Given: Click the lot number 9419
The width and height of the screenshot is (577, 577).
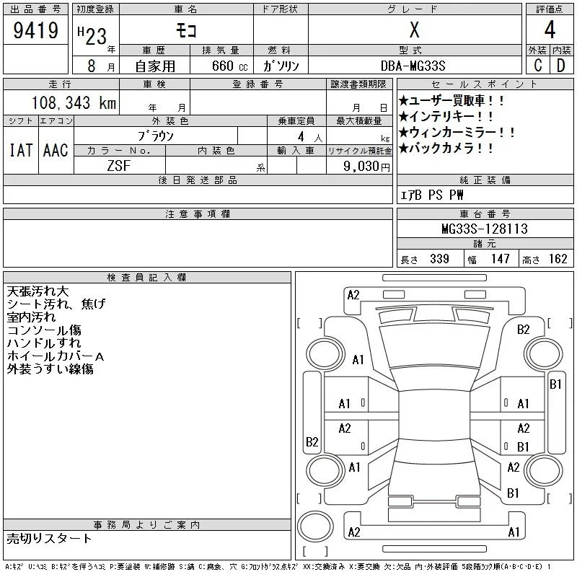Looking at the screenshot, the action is (35, 30).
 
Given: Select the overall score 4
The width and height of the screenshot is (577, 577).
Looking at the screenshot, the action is (550, 30).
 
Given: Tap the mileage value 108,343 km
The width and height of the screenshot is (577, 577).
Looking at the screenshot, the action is (74, 102).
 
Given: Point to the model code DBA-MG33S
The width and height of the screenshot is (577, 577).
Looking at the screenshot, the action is (413, 66).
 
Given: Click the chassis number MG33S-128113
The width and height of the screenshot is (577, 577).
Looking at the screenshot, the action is (485, 229).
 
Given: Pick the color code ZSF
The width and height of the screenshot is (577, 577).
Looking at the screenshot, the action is (119, 166).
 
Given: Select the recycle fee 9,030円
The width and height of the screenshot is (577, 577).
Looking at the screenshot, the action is (366, 166).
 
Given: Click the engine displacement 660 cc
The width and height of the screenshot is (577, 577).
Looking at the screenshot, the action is (229, 66).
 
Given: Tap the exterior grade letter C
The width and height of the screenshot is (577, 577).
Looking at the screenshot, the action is (538, 65).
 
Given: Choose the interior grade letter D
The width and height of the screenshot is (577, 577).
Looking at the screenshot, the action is (561, 65).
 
